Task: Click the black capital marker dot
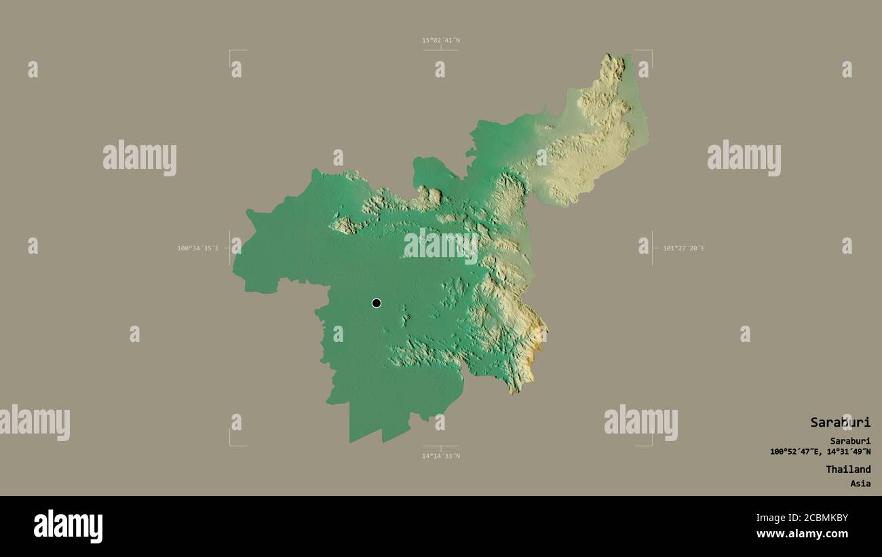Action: (377, 303)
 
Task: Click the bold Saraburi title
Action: (840, 422)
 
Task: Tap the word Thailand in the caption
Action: (848, 469)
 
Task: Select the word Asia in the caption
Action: (860, 484)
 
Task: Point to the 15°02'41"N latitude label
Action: (441, 40)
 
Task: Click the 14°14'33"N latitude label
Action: (441, 456)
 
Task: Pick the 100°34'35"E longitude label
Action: (198, 248)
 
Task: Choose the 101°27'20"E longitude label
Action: (684, 248)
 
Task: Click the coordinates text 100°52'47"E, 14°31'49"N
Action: (820, 452)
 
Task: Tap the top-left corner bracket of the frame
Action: (231, 52)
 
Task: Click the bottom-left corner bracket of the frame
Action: (231, 444)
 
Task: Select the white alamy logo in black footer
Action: (69, 526)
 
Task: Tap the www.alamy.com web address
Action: (802, 534)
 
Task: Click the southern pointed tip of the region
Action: (350, 442)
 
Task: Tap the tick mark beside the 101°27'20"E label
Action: (652, 248)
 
